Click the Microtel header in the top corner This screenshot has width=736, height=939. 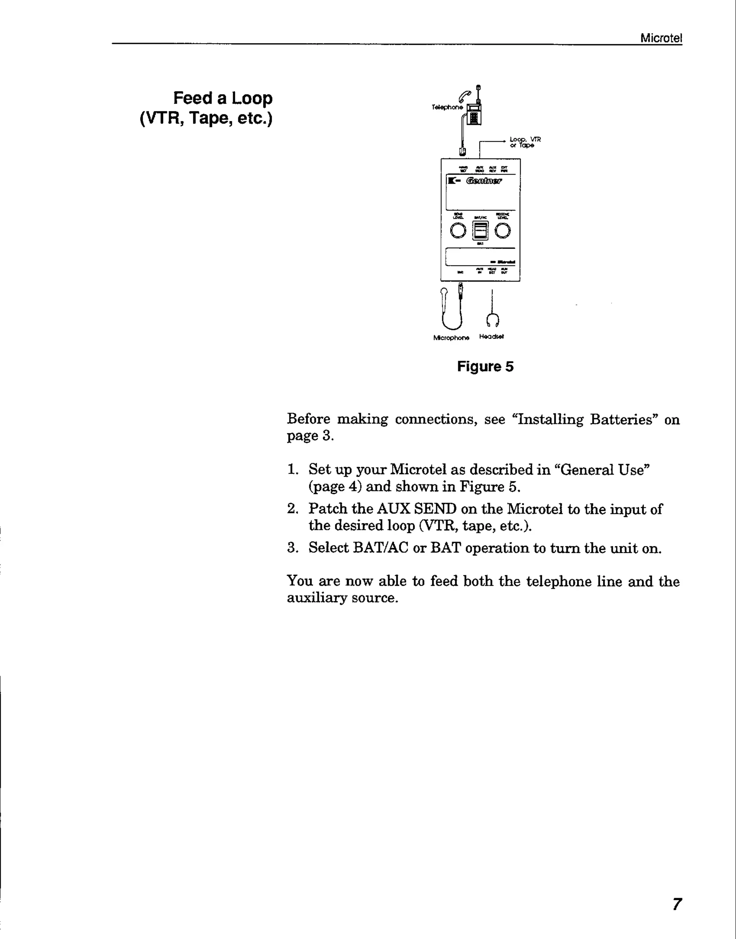click(x=661, y=38)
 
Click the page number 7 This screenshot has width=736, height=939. click(x=677, y=903)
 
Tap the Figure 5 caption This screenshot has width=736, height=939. click(x=485, y=366)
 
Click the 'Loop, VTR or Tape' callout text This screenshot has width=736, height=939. click(x=524, y=142)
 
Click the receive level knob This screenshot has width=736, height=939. click(x=502, y=231)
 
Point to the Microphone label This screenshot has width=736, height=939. click(x=451, y=338)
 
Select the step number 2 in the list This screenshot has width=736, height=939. click(x=292, y=509)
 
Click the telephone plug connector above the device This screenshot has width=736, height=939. click(x=462, y=151)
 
